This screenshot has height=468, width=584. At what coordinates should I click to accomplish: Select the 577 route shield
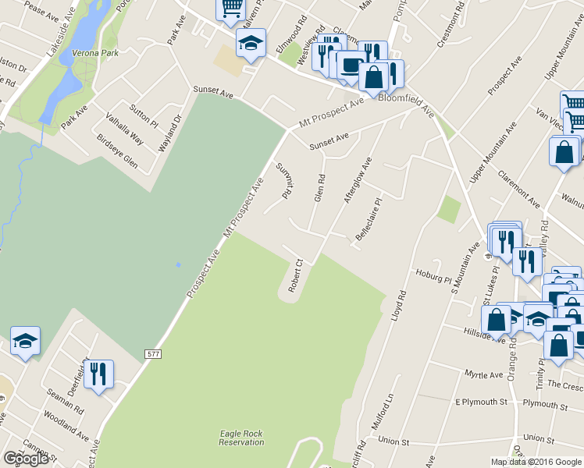(154, 354)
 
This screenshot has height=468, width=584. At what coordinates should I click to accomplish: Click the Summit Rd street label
(283, 180)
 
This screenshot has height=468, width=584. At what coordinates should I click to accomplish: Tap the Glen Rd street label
(319, 188)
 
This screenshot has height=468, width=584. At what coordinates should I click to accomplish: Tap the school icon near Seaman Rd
(25, 340)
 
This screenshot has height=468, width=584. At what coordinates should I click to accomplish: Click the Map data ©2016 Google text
(536, 461)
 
